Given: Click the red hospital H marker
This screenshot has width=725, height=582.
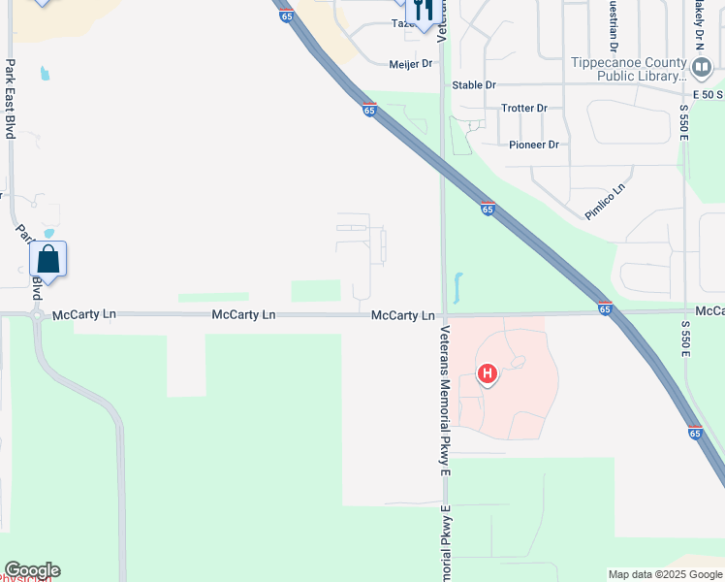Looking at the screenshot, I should (x=488, y=372).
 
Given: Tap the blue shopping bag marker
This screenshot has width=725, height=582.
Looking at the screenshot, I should (x=48, y=260).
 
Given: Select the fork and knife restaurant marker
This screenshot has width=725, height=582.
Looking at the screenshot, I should (x=421, y=11).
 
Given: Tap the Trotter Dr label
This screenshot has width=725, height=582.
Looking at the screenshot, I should (x=524, y=108).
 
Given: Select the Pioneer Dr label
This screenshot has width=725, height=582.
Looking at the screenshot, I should (x=534, y=145).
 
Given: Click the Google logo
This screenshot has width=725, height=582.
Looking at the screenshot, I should (x=32, y=570).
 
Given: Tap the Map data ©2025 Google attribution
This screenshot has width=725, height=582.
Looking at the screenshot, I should (x=665, y=574).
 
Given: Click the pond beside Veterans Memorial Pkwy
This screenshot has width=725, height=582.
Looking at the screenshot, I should (x=456, y=287).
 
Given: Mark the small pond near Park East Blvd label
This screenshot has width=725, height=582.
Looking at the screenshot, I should (x=44, y=73).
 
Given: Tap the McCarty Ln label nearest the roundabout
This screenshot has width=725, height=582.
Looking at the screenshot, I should (x=84, y=315).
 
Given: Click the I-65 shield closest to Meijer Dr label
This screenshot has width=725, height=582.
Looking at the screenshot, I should (x=369, y=110).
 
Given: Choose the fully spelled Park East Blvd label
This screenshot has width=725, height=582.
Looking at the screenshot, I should (x=11, y=99).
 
